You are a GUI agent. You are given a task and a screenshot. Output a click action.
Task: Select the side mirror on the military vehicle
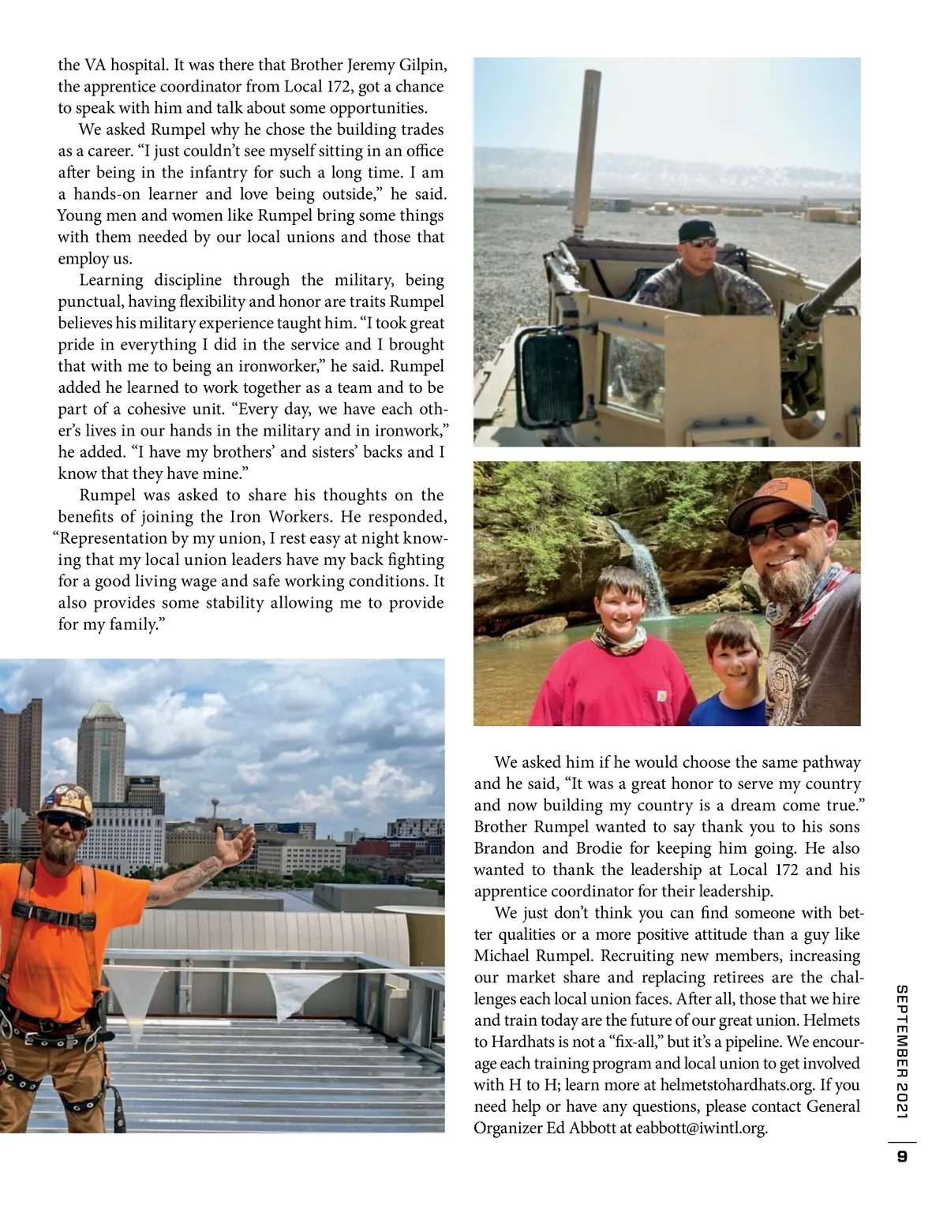coord(551,371)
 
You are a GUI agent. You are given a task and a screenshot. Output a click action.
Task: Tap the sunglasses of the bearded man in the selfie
coord(785,530)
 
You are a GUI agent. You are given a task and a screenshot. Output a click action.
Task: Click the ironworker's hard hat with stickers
coord(65,803)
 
